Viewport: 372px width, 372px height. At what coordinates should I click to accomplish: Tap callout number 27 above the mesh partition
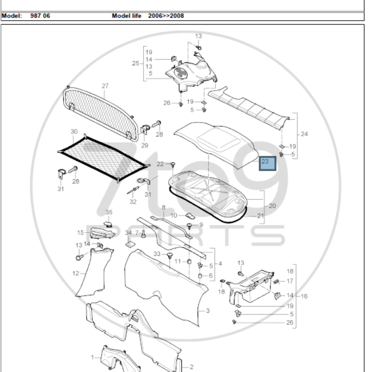(x=105, y=86)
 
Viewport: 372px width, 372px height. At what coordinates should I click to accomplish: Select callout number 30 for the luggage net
(x=74, y=131)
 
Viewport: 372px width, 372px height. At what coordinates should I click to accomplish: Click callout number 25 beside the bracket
(x=135, y=64)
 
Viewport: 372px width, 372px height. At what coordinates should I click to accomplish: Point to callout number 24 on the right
(x=304, y=134)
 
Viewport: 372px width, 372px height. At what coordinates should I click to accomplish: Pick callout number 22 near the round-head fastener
(x=160, y=164)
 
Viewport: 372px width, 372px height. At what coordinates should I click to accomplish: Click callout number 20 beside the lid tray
(x=272, y=206)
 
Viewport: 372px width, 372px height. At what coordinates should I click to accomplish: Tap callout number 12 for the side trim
(x=76, y=273)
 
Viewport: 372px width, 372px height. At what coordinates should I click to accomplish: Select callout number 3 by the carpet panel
(x=208, y=311)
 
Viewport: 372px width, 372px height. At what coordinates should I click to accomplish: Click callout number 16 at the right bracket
(x=304, y=296)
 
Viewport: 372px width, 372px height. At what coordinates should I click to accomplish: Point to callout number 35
(x=109, y=212)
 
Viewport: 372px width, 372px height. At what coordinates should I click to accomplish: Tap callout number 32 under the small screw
(x=133, y=202)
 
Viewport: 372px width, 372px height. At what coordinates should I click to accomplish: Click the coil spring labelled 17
(x=277, y=281)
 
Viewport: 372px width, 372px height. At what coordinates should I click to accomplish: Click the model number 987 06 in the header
(x=40, y=15)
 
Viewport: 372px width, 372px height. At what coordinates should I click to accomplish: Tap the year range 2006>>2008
(x=166, y=15)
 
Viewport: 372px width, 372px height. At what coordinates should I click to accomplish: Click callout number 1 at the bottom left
(x=92, y=357)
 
